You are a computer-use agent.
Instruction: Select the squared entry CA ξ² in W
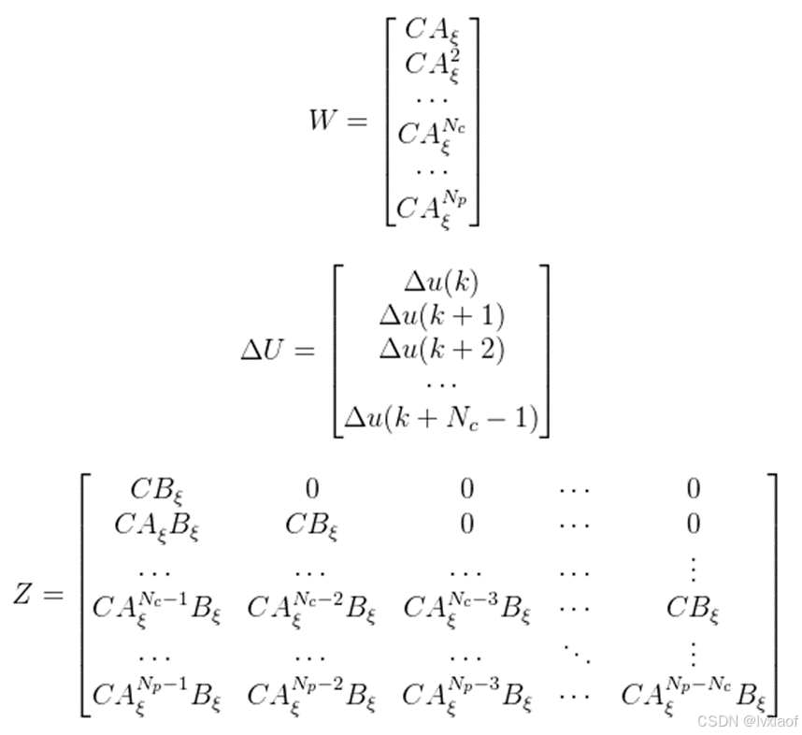point(432,65)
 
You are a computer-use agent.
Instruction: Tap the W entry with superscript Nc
point(432,134)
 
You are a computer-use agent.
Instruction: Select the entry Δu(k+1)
point(441,317)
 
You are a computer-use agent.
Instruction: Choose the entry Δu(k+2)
point(441,349)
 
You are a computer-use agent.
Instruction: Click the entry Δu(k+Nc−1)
point(441,418)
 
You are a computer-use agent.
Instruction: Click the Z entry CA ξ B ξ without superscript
point(157,526)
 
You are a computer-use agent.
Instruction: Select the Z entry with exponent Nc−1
point(157,607)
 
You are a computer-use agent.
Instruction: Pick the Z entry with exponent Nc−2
point(311,607)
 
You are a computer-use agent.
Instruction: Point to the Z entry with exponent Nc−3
point(466,607)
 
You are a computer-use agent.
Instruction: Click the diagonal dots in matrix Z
point(574,650)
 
